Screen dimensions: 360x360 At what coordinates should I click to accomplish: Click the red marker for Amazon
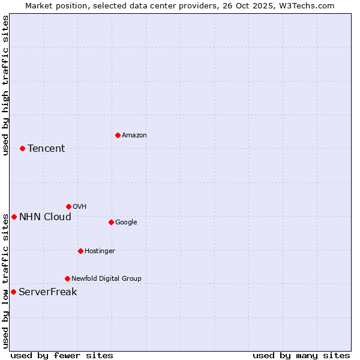click(118, 135)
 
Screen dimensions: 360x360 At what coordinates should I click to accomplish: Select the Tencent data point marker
click(22, 148)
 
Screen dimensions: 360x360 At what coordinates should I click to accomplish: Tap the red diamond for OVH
click(68, 206)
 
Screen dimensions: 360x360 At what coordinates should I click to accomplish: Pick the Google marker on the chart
click(111, 222)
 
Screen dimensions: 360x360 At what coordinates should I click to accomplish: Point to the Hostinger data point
click(80, 251)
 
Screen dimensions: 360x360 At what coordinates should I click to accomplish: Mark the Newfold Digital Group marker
click(67, 278)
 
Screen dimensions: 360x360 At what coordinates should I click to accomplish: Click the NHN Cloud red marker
click(14, 217)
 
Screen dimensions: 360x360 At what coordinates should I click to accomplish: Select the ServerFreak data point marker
click(13, 292)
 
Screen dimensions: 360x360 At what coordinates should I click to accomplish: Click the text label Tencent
click(46, 149)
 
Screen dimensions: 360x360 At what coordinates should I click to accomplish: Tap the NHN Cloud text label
click(45, 217)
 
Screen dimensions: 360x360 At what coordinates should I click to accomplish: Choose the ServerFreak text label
click(47, 292)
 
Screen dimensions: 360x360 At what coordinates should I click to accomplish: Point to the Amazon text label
click(134, 136)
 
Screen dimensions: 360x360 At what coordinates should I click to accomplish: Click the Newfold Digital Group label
click(106, 278)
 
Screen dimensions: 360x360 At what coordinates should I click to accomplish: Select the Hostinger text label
click(100, 251)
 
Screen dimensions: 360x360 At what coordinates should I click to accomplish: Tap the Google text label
click(126, 223)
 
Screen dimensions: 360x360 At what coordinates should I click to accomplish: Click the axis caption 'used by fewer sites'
click(62, 355)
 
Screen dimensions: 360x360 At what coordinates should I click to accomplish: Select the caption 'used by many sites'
click(301, 355)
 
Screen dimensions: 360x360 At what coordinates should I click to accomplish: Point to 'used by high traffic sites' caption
click(5, 85)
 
